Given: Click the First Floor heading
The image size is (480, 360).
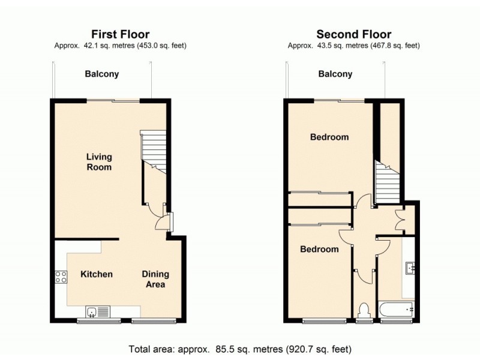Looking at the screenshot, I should [120, 34].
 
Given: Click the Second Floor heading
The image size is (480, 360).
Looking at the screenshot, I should [353, 34].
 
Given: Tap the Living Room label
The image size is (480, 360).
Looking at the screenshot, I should [99, 162].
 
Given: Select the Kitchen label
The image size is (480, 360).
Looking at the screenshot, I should [97, 274].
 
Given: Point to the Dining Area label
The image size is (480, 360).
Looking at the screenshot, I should [155, 279].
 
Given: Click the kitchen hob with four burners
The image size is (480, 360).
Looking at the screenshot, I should [61, 277].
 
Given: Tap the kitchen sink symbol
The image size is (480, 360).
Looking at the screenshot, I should [97, 311].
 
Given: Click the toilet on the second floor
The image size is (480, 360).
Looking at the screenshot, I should [363, 311].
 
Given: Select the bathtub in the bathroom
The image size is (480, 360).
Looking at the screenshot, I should [397, 310].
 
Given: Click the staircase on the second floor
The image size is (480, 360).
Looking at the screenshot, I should [386, 183].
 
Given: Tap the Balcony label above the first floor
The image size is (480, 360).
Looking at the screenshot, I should [101, 74].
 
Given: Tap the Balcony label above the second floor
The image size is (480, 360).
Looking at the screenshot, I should [335, 74].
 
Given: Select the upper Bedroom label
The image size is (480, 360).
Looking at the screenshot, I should [329, 137].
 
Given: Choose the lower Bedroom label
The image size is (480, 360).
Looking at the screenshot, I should [319, 249].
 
